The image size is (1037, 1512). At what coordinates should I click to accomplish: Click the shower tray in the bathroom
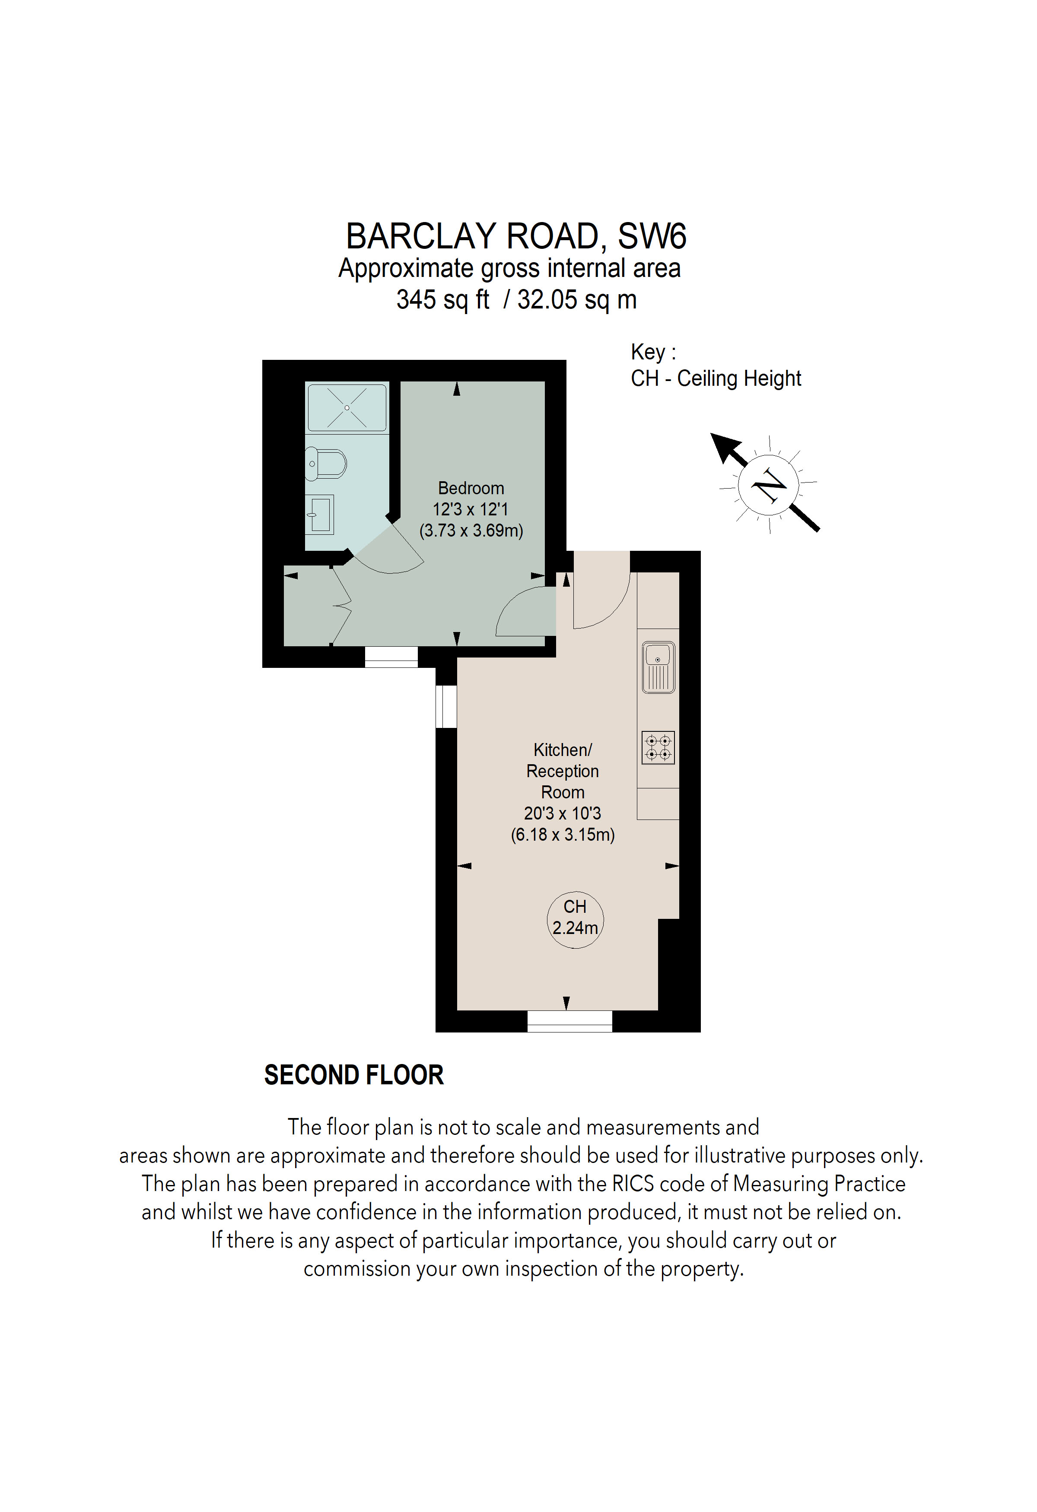point(347,408)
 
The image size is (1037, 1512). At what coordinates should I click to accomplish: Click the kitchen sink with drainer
point(658,667)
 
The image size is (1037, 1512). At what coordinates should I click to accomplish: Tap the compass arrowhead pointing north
point(723,447)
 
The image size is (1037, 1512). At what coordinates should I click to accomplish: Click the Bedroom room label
point(471,488)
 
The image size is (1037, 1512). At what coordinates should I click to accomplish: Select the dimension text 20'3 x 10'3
point(562,813)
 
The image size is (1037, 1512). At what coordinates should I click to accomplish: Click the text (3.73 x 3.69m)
point(471,530)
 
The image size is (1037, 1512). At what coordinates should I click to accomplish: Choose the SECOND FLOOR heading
point(353,1075)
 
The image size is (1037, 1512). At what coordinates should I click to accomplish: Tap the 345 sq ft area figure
point(442,300)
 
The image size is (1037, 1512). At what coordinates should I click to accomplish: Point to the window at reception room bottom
point(569,1021)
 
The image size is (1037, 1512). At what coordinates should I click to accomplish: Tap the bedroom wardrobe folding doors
point(341,607)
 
